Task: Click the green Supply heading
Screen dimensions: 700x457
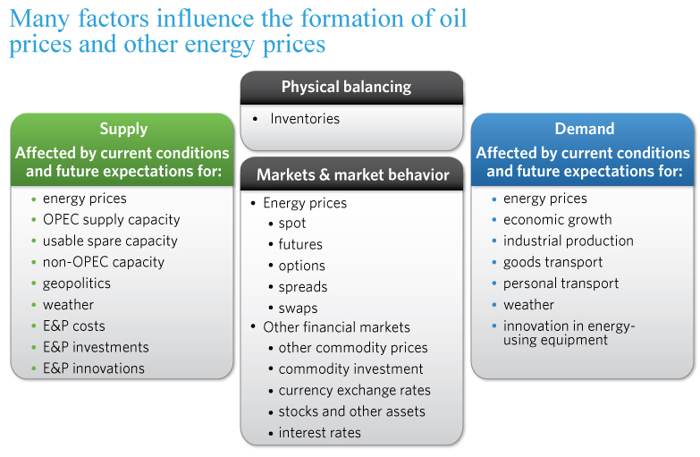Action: pyautogui.click(x=123, y=129)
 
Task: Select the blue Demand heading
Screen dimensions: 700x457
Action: pyautogui.click(x=585, y=129)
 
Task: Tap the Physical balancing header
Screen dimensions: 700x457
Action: pyautogui.click(x=346, y=87)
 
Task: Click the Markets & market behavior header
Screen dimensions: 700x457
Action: pyautogui.click(x=352, y=174)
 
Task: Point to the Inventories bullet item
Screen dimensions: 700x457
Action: pyautogui.click(x=305, y=118)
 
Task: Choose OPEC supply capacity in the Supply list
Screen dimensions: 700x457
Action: pyautogui.click(x=111, y=220)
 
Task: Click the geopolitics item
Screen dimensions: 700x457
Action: pyautogui.click(x=77, y=284)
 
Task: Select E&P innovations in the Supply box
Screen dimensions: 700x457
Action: pyautogui.click(x=94, y=368)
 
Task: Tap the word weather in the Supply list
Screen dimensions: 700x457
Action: pyautogui.click(x=68, y=305)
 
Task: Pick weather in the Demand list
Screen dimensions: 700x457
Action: pyautogui.click(x=528, y=305)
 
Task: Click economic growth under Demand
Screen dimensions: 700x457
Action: pyautogui.click(x=558, y=220)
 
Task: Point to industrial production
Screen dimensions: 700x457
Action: pyautogui.click(x=569, y=241)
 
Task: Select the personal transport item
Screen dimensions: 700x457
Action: pyautogui.click(x=561, y=284)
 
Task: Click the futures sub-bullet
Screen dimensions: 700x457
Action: pyautogui.click(x=300, y=244)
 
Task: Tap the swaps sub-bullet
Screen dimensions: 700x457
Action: pyautogui.click(x=299, y=309)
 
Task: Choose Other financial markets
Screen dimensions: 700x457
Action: pyautogui.click(x=337, y=327)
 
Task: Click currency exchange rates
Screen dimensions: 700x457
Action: pyautogui.click(x=354, y=391)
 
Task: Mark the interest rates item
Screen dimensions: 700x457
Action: pyautogui.click(x=320, y=433)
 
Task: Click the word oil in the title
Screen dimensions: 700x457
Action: pyautogui.click(x=453, y=18)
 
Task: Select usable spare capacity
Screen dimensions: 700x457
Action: pyautogui.click(x=110, y=241)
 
